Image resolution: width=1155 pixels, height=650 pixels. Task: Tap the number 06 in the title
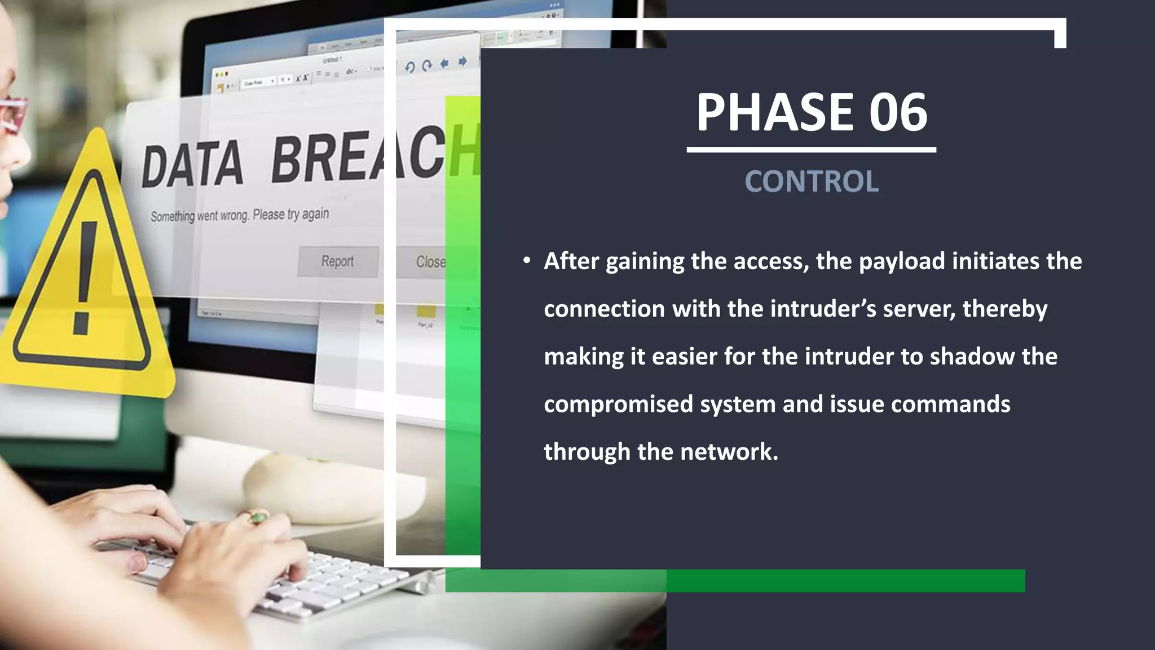[898, 112]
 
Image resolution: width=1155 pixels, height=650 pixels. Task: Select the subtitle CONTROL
[812, 182]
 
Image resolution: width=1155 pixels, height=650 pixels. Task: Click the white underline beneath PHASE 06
[811, 150]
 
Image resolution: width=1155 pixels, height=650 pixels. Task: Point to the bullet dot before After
[526, 261]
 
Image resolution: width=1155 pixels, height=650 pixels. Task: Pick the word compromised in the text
[618, 405]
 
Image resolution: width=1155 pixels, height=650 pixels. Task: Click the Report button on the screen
[337, 261]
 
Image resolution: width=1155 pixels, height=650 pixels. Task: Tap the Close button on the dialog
[430, 262]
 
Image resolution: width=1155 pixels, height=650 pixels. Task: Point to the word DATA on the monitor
[192, 165]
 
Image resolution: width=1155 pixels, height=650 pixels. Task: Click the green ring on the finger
[258, 517]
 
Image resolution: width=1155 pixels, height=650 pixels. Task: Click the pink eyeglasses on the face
[12, 113]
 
